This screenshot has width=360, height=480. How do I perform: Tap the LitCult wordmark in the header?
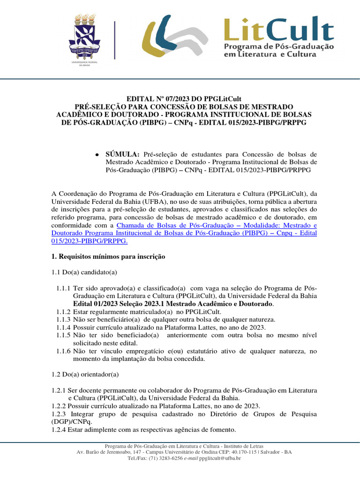click(x=278, y=29)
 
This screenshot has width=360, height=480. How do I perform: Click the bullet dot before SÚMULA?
click(x=96, y=154)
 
